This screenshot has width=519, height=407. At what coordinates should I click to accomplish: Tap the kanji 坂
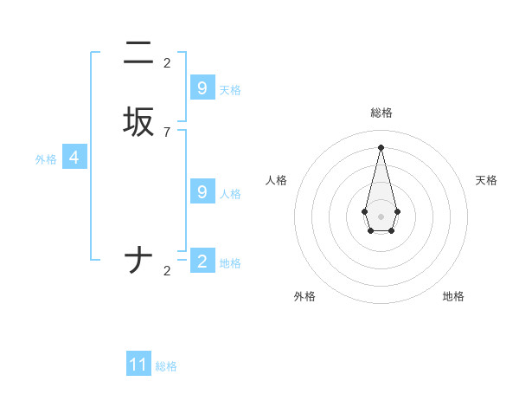point(138,122)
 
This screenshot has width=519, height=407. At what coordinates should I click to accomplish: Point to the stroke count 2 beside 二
point(167,62)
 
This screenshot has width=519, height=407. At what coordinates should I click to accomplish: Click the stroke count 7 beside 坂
point(167,132)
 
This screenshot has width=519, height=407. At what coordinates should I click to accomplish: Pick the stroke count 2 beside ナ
point(167,270)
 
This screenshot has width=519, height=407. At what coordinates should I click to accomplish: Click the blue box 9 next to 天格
point(202,87)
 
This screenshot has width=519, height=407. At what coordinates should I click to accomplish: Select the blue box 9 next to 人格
point(202,192)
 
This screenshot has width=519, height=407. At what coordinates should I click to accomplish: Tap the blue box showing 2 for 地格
point(202,261)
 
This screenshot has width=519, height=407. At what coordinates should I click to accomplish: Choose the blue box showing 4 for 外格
point(74,158)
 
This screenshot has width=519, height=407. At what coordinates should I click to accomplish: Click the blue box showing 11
point(138,365)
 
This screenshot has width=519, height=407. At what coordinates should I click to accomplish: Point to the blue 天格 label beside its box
point(230,90)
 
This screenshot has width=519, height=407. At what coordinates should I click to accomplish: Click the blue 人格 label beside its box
point(230,194)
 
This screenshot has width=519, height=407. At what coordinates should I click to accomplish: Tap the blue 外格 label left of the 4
point(46,159)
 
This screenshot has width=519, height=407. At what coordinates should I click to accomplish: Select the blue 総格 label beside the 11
point(166,366)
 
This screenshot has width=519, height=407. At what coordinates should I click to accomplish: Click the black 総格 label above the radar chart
point(381,113)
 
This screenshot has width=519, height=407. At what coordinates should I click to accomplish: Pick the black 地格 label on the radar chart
point(453,296)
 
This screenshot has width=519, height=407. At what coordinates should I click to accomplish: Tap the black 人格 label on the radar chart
point(276,180)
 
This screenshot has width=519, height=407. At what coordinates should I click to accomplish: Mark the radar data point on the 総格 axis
point(381,146)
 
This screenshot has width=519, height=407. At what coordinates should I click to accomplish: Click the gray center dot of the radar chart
point(381,216)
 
